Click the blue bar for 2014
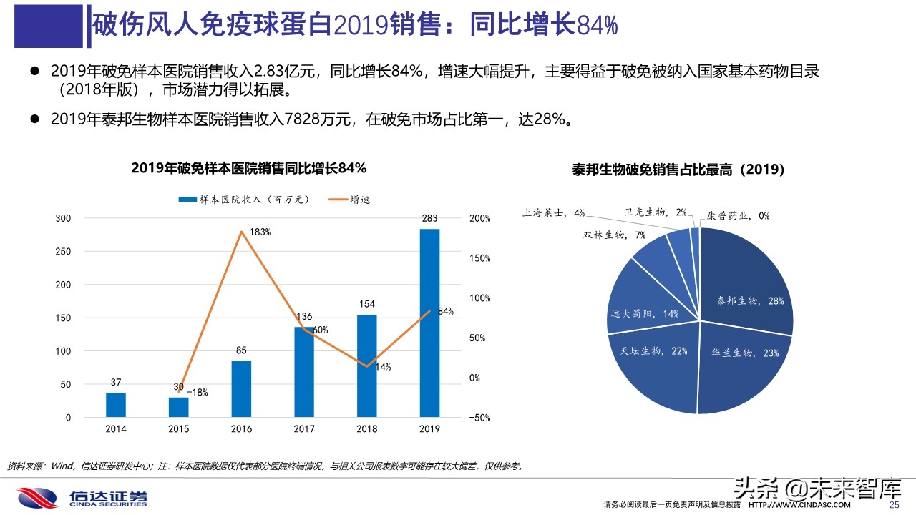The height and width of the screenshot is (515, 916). click(x=116, y=405)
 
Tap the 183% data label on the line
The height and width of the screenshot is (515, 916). click(x=260, y=232)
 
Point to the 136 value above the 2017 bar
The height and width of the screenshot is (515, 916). click(x=303, y=316)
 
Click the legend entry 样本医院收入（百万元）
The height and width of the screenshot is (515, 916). click(x=243, y=200)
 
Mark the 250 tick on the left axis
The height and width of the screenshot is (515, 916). click(x=64, y=251)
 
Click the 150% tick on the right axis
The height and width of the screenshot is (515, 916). click(x=480, y=258)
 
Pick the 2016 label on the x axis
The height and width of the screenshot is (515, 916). click(x=241, y=428)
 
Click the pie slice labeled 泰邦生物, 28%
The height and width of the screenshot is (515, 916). click(x=744, y=286)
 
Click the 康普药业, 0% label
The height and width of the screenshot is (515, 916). click(x=738, y=215)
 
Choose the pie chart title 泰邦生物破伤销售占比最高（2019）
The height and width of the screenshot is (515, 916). click(x=678, y=170)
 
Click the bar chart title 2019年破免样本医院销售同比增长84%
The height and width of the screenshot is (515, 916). click(x=249, y=168)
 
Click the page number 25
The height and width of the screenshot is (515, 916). click(x=893, y=505)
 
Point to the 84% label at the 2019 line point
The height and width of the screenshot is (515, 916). click(x=446, y=311)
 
